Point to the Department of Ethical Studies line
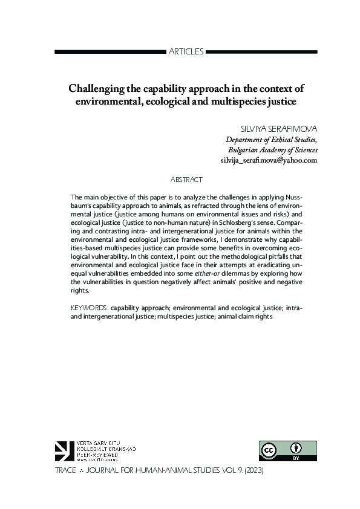point(271,140)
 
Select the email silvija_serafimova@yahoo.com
point(269,161)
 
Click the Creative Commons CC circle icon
point(269,450)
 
